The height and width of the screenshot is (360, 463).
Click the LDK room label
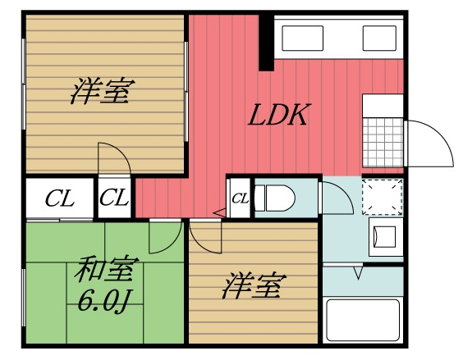[x=278, y=115]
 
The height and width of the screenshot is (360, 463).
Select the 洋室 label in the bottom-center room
[x=254, y=288]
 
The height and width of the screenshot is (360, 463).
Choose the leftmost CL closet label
[x=59, y=198]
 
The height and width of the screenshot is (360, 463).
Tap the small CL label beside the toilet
[x=240, y=198]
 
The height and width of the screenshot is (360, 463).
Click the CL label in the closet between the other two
[x=115, y=198]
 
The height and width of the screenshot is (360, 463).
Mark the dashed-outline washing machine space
[x=383, y=195]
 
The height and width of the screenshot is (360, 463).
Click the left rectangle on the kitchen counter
[x=305, y=37]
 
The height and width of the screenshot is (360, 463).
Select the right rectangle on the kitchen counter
[x=379, y=37]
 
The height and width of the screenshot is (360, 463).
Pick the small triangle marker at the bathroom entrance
[x=357, y=272]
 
